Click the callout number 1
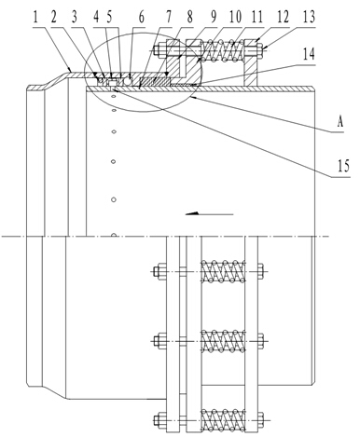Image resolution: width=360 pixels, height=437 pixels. click(x=35, y=17)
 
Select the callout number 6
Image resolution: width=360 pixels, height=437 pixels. click(x=142, y=17)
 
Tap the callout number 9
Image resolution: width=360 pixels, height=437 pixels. click(x=214, y=17)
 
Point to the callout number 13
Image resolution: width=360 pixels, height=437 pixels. click(x=309, y=17)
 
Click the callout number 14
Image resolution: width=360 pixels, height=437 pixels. click(x=309, y=54)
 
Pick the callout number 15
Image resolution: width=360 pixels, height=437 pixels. click(x=343, y=166)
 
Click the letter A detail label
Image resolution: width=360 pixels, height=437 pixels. click(x=340, y=122)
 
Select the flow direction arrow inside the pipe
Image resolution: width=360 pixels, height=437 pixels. click(x=209, y=213)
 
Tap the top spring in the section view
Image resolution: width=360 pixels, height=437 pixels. click(x=223, y=50)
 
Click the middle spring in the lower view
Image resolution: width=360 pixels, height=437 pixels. click(x=223, y=342)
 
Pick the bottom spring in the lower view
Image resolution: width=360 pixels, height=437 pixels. click(x=223, y=420)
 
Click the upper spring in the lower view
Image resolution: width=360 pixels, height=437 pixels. click(x=223, y=271)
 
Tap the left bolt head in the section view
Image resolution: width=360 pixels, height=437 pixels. click(x=160, y=49)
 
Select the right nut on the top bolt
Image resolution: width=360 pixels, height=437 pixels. click(x=260, y=49)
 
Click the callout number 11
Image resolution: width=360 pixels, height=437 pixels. click(x=256, y=17)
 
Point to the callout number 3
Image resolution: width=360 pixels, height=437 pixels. click(x=75, y=17)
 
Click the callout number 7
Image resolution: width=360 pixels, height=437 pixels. click(x=168, y=17)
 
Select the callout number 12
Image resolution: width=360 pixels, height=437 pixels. click(x=283, y=17)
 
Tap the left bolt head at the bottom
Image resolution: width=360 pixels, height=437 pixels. click(x=160, y=420)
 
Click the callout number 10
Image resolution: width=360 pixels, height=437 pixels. click(x=235, y=17)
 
